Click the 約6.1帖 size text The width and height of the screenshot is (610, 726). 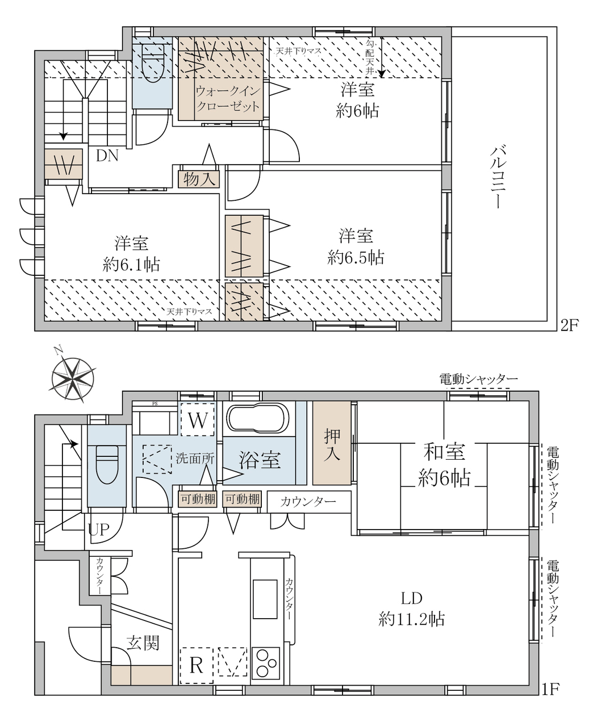click(x=131, y=265)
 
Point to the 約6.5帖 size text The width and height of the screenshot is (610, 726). click(x=356, y=258)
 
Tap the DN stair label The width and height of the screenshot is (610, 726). click(x=107, y=156)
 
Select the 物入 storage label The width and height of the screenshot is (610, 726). click(x=199, y=179)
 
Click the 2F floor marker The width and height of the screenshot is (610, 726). click(x=569, y=325)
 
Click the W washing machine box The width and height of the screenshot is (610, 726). click(x=198, y=419)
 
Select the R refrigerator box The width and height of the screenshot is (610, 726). click(x=197, y=665)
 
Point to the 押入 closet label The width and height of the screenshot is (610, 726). click(x=332, y=445)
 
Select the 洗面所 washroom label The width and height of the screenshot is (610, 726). click(x=195, y=458)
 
